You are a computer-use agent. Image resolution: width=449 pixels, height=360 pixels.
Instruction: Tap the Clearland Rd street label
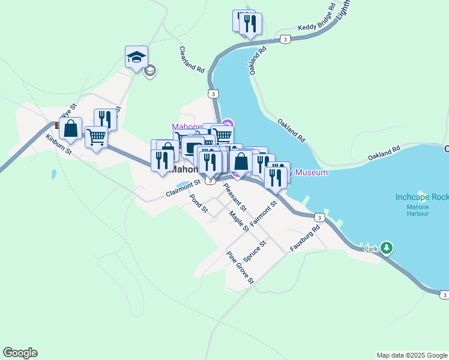pyautogui.click(x=192, y=59)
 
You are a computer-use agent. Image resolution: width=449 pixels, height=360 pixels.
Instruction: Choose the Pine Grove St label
pyautogui.click(x=240, y=267)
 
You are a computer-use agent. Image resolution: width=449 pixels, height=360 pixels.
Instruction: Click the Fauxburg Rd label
pyautogui.click(x=305, y=238)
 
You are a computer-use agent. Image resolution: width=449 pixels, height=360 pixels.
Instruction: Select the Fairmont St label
pyautogui.click(x=264, y=213)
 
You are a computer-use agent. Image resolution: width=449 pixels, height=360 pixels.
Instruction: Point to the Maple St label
pyautogui.click(x=238, y=220)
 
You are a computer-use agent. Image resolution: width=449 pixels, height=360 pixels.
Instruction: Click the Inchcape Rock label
pyautogui.click(x=422, y=197)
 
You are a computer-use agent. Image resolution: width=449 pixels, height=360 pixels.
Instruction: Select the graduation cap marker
pyautogui.click(x=136, y=57)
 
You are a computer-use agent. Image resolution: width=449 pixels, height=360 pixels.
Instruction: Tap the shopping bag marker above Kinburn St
pyautogui.click(x=71, y=128)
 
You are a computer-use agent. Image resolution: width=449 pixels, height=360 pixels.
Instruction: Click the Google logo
pyautogui.click(x=20, y=353)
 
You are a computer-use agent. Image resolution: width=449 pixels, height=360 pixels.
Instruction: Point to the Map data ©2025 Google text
pyautogui.click(x=412, y=355)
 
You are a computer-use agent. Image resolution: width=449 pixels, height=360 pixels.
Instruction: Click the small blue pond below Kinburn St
pyautogui.click(x=54, y=175)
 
